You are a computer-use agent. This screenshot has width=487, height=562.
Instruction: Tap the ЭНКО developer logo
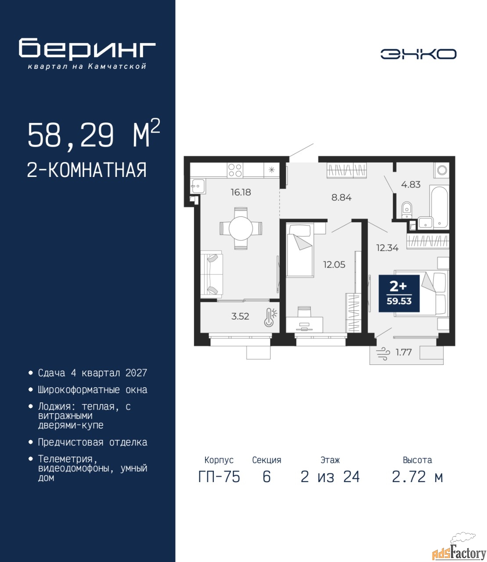[x=418, y=54]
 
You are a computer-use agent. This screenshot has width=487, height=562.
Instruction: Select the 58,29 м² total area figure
[x=94, y=135]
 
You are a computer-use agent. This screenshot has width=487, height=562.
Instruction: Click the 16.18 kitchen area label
[x=241, y=192]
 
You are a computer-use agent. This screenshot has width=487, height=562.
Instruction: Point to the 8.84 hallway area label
[x=341, y=198]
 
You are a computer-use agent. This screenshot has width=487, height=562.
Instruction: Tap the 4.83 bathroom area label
[x=411, y=184]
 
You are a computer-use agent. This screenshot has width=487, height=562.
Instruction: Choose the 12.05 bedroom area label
[x=334, y=264]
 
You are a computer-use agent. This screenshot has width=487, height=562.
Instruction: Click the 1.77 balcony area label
[x=404, y=353]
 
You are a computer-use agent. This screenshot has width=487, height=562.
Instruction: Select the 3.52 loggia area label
[x=240, y=317]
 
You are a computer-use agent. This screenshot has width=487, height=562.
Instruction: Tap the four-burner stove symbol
[x=235, y=170]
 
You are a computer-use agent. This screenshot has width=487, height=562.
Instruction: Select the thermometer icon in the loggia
[x=270, y=317]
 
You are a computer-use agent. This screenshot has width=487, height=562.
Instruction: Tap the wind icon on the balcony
[x=382, y=353]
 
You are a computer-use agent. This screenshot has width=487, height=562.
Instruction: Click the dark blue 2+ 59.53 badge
[x=399, y=293]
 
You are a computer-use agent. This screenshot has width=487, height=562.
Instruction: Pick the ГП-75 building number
[x=219, y=477]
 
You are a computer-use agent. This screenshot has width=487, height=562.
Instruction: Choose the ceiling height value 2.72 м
[x=417, y=477]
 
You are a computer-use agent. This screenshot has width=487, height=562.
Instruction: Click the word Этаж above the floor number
[x=330, y=460]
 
